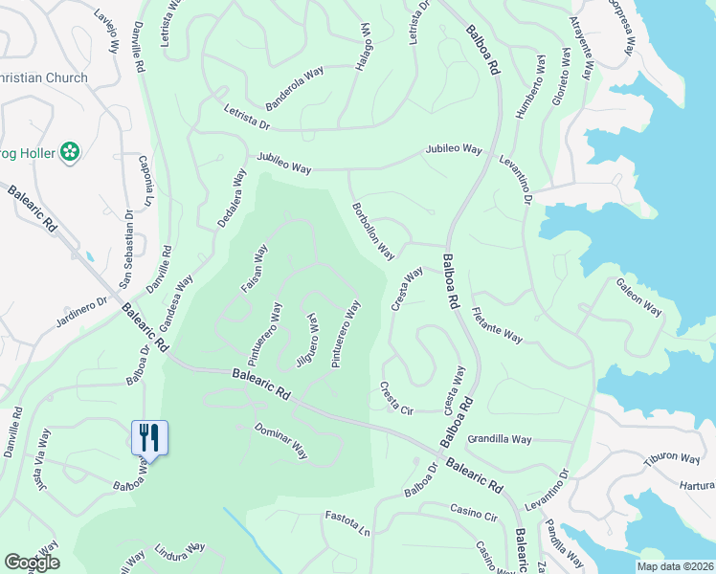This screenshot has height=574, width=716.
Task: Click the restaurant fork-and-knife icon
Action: click(149, 437)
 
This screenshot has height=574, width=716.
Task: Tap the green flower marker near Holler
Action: click(69, 150)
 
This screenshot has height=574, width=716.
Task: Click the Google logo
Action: click(31, 563)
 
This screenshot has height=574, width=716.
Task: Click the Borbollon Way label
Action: click(373, 231)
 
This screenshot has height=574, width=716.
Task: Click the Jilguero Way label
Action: click(308, 342)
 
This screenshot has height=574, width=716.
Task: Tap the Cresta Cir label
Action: click(395, 397)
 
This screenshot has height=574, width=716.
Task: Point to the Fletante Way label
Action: click(498, 324)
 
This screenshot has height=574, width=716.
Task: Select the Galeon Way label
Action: click(639, 296)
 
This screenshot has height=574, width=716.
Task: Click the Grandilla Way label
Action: click(500, 439)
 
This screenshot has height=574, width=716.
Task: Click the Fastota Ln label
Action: click(347, 522)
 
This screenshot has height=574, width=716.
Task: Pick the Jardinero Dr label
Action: click(80, 315)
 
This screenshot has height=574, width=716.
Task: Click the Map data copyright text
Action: click(674, 565)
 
